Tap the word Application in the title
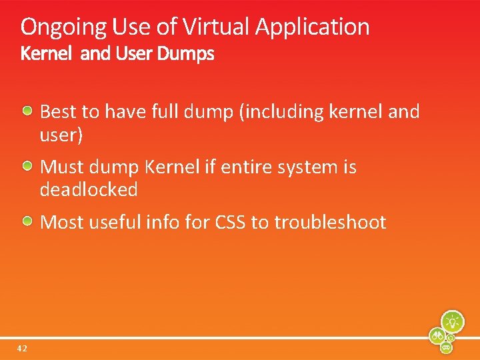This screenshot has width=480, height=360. pyautogui.click(x=312, y=27)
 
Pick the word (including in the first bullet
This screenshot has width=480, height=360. pyautogui.click(x=281, y=112)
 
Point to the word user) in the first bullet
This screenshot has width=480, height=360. pyautogui.click(x=61, y=135)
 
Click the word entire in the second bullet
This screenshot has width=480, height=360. pyautogui.click(x=247, y=167)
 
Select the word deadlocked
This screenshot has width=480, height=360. pyautogui.click(x=89, y=190)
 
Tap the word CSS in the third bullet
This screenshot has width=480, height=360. pyautogui.click(x=230, y=222)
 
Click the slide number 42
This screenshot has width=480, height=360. pyautogui.click(x=23, y=348)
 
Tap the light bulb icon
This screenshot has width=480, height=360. pyautogui.click(x=452, y=321)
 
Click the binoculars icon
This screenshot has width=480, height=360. pyautogui.click(x=438, y=335)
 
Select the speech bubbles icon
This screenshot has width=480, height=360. pyautogui.click(x=447, y=347)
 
